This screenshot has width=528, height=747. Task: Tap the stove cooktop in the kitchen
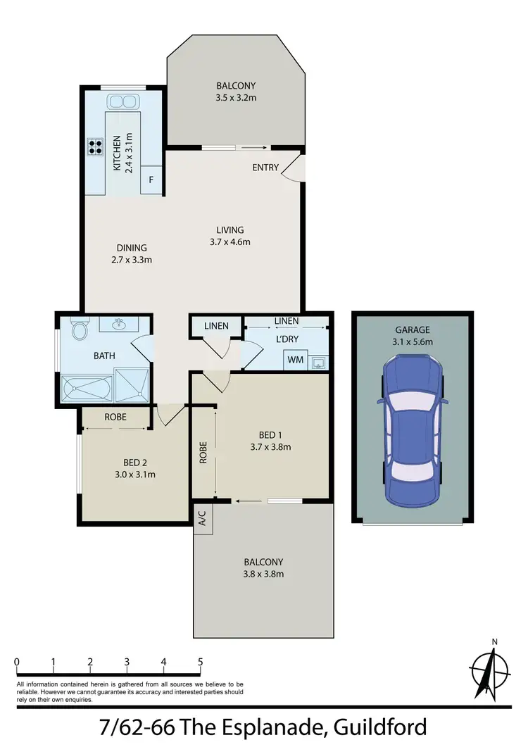[x=95, y=147]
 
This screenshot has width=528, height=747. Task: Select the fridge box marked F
[x=151, y=180]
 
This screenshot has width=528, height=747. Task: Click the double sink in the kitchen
[x=122, y=102]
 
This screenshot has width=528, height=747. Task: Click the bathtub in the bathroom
[x=86, y=388]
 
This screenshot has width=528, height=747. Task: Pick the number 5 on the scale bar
[x=201, y=662]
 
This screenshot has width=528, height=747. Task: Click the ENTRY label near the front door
[x=266, y=168]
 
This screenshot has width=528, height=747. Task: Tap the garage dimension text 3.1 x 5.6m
[x=412, y=341]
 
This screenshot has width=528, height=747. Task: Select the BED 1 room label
[x=270, y=434]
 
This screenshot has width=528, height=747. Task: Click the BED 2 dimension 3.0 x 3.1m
[x=134, y=474]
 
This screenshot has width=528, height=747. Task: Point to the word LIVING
[x=230, y=230]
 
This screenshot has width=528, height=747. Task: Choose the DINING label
[x=132, y=247]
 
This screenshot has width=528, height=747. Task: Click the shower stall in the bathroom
[x=132, y=385]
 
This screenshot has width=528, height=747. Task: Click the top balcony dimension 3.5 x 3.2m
[x=236, y=97]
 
